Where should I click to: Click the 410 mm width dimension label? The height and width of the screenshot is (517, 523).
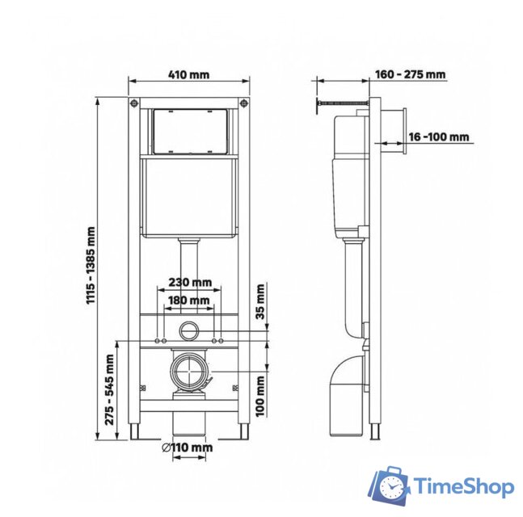point(188,75)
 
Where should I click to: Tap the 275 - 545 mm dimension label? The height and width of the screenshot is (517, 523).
point(109,391)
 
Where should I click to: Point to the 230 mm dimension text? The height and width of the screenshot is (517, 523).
point(190,283)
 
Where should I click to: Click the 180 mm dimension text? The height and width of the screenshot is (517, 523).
point(189,301)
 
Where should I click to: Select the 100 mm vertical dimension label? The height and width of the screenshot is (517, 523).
point(260,396)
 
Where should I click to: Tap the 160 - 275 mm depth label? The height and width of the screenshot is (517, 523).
point(410,75)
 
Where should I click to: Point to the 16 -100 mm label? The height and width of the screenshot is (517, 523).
point(439,137)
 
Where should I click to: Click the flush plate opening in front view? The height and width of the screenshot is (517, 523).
point(190,131)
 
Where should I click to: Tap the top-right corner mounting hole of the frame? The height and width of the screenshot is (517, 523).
point(244,103)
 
